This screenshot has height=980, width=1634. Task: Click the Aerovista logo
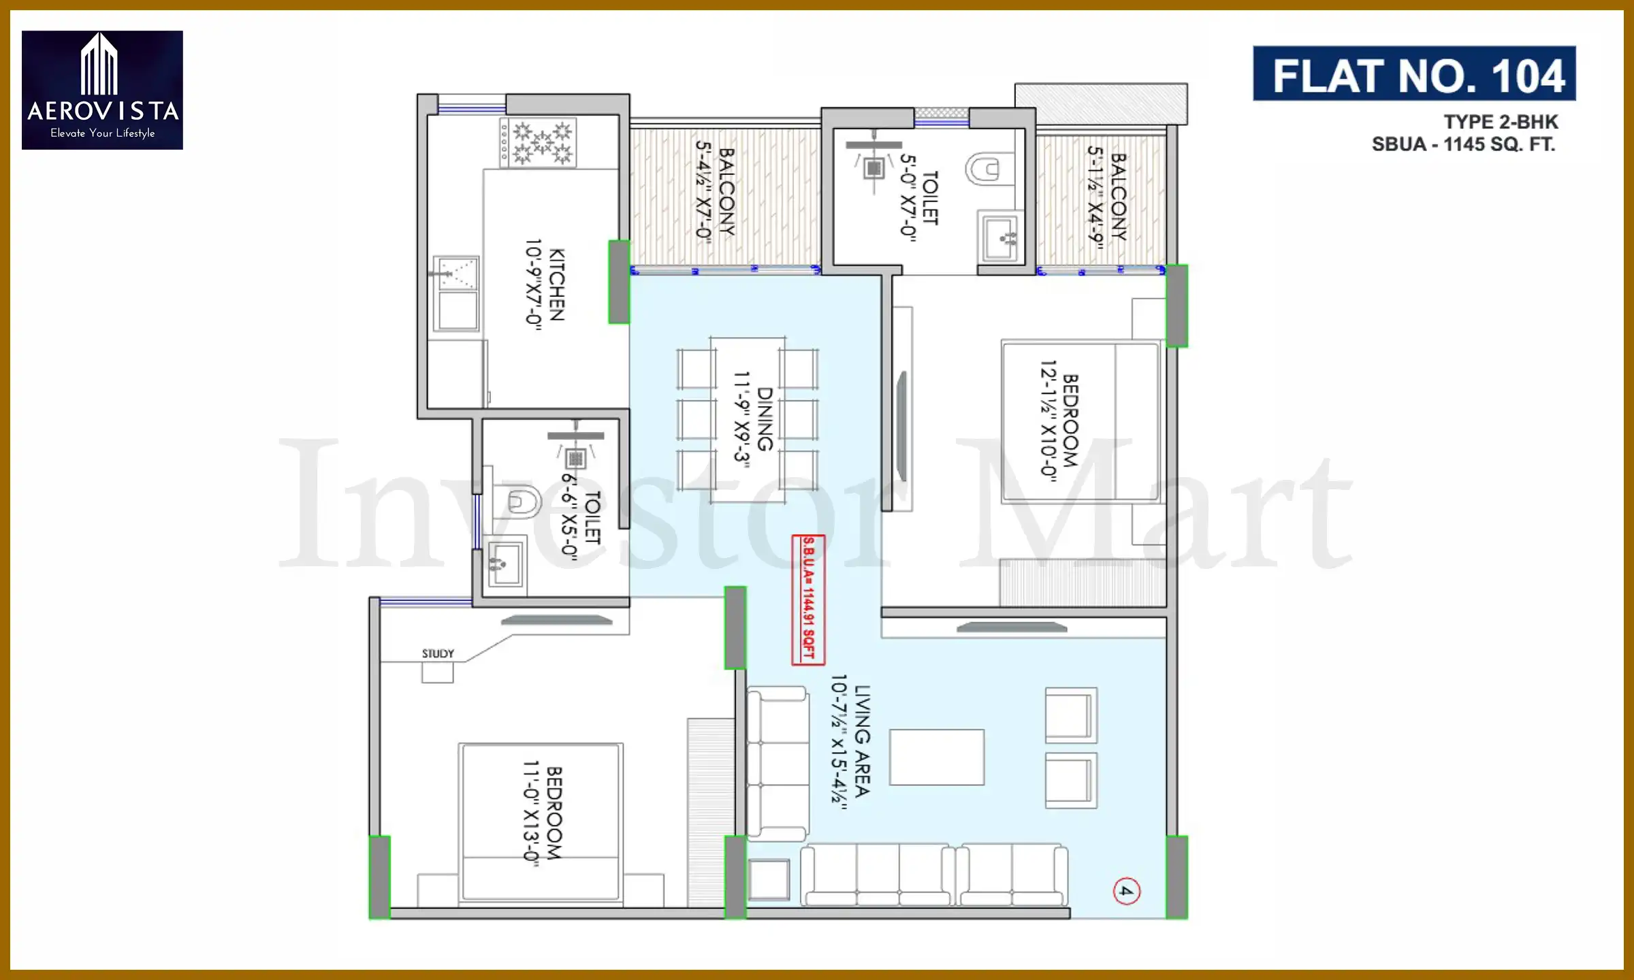click(102, 90)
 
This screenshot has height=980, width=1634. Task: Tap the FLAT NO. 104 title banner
click(1414, 74)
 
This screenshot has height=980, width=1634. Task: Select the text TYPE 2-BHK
click(1501, 122)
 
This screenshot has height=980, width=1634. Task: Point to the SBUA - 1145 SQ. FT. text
click(1463, 144)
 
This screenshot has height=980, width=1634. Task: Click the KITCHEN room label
click(556, 284)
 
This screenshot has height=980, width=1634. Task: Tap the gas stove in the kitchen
click(538, 143)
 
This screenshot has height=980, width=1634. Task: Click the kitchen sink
click(457, 293)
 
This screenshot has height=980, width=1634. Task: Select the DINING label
click(765, 419)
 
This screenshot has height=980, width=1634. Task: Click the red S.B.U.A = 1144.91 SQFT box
click(808, 600)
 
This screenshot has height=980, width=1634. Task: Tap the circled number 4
click(1126, 891)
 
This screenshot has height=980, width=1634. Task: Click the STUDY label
click(438, 653)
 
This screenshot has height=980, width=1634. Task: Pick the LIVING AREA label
click(862, 741)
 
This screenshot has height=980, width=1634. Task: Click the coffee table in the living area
click(936, 757)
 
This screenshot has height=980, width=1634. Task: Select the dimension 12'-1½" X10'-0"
click(1048, 421)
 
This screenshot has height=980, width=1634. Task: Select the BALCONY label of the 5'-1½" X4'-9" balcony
click(1119, 197)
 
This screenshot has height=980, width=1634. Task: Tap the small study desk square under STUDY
click(437, 672)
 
